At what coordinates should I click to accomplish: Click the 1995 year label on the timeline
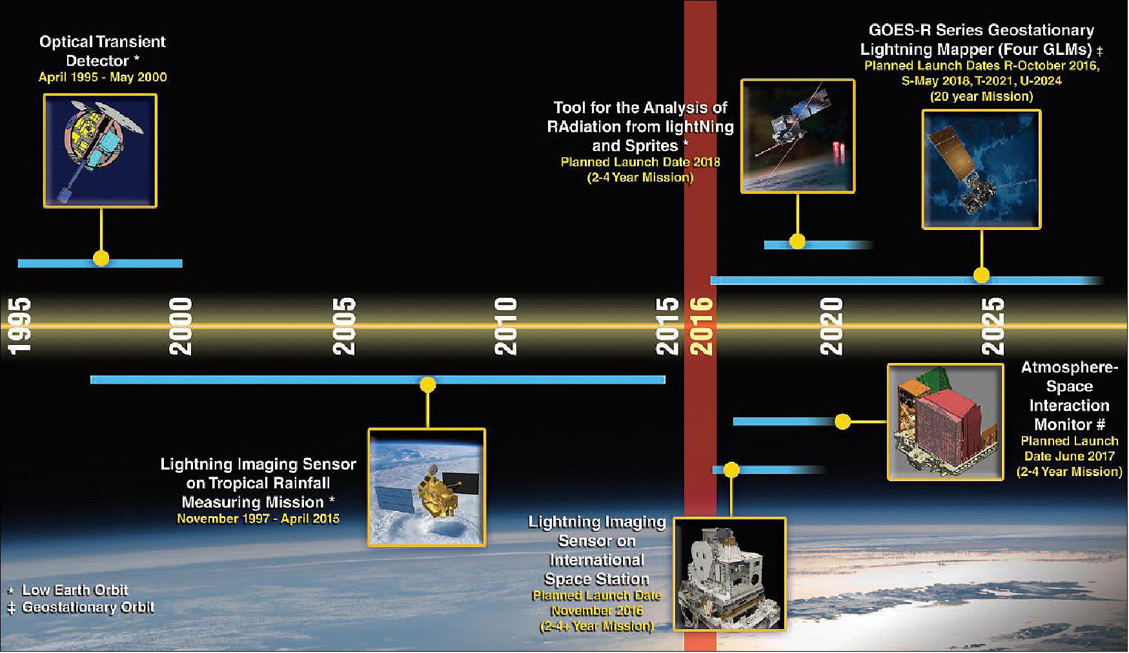click(x=19, y=326)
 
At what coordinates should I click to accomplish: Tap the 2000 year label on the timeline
click(x=181, y=326)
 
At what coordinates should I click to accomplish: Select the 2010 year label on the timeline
click(x=505, y=326)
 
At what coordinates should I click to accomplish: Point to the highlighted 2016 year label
click(x=701, y=326)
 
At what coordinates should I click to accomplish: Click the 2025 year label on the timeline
click(x=992, y=326)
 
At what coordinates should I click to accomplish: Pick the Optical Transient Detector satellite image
click(x=100, y=150)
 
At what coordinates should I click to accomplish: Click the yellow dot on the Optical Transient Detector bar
click(x=101, y=258)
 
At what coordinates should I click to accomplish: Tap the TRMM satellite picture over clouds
click(x=427, y=488)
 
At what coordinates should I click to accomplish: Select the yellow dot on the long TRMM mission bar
click(x=427, y=385)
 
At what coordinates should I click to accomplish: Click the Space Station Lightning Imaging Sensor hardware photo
click(x=730, y=574)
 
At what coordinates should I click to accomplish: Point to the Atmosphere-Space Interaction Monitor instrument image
click(x=946, y=422)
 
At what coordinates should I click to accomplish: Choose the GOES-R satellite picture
click(x=981, y=169)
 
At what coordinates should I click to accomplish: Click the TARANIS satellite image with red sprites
click(x=798, y=136)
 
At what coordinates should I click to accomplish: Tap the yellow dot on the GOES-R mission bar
click(x=981, y=275)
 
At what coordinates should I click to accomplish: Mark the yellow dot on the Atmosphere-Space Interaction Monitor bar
click(x=842, y=422)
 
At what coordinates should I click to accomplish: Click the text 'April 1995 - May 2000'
click(x=103, y=78)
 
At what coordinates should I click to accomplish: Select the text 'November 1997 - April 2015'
click(x=258, y=519)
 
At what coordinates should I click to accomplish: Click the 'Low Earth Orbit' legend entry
click(x=75, y=590)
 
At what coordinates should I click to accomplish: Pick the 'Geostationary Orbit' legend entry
click(x=88, y=608)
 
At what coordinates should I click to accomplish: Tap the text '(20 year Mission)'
click(x=981, y=97)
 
